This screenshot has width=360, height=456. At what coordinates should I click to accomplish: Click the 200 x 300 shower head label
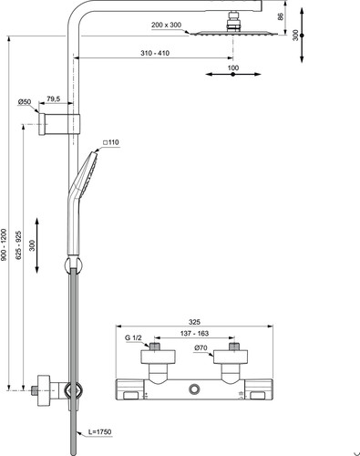pyautogui.click(x=166, y=25)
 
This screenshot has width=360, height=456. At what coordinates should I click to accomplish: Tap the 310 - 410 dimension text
pyautogui.click(x=155, y=53)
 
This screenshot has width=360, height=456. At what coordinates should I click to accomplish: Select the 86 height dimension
pyautogui.click(x=281, y=16)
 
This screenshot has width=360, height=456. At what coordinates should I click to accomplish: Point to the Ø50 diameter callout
pyautogui.click(x=25, y=102)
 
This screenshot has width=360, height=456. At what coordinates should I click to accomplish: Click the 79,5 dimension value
pyautogui.click(x=54, y=98)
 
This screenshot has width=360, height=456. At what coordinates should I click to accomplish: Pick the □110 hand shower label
pyautogui.click(x=111, y=142)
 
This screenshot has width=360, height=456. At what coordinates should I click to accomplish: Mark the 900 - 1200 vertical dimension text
pyautogui.click(x=4, y=244)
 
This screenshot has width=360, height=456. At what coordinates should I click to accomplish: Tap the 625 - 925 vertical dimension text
pyautogui.click(x=19, y=245)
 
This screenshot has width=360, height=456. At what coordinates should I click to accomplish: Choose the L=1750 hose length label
pyautogui.click(x=100, y=431)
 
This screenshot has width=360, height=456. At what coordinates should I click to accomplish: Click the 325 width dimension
pyautogui.click(x=194, y=322)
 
